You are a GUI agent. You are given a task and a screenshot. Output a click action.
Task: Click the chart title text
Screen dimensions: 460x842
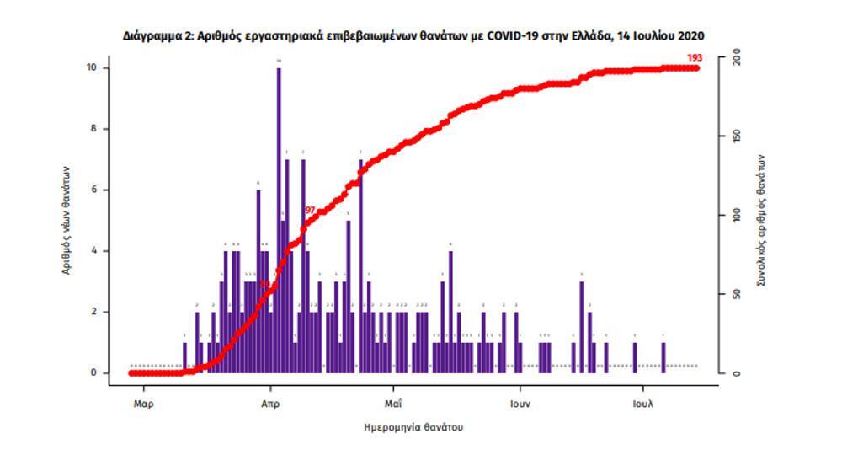tap(413, 35)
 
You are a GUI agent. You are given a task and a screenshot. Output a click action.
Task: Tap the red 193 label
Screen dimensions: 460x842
tap(695, 57)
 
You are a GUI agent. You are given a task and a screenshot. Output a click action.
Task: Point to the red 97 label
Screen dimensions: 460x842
tap(309, 210)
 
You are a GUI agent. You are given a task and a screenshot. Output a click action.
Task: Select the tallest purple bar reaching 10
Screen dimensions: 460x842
tap(279, 219)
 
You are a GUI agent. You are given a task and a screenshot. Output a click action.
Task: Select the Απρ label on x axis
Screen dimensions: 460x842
tap(269, 403)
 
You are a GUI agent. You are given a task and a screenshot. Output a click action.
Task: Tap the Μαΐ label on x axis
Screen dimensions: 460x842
tap(392, 403)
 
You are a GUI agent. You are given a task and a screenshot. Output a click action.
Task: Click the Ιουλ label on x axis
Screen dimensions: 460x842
tap(643, 403)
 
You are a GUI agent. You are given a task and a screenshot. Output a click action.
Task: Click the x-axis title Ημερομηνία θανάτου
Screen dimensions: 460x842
tap(413, 427)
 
